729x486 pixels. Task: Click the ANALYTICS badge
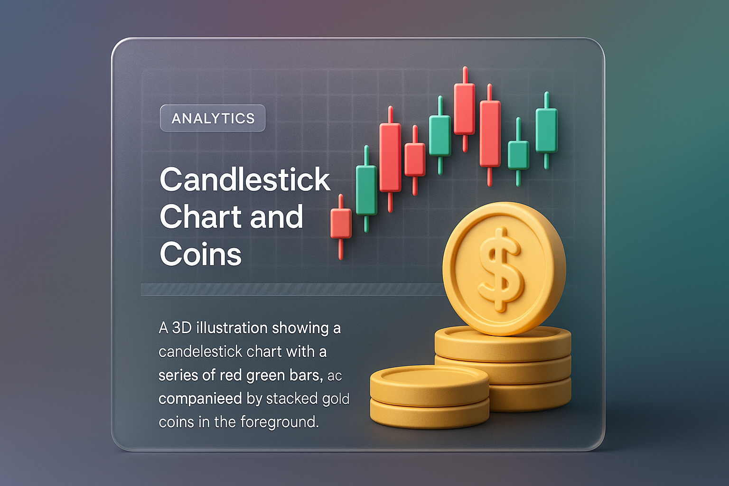point(213,118)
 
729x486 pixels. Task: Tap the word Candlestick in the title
point(245,179)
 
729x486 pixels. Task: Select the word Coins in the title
point(200,254)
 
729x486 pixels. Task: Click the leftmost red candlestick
point(341,226)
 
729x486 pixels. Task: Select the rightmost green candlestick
point(547,130)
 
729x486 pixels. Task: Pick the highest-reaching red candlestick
point(465,109)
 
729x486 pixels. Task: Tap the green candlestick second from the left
point(440,135)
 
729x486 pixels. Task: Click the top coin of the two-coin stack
point(430,383)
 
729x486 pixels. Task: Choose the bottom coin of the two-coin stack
point(430,413)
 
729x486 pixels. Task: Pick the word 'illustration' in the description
point(232,328)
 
